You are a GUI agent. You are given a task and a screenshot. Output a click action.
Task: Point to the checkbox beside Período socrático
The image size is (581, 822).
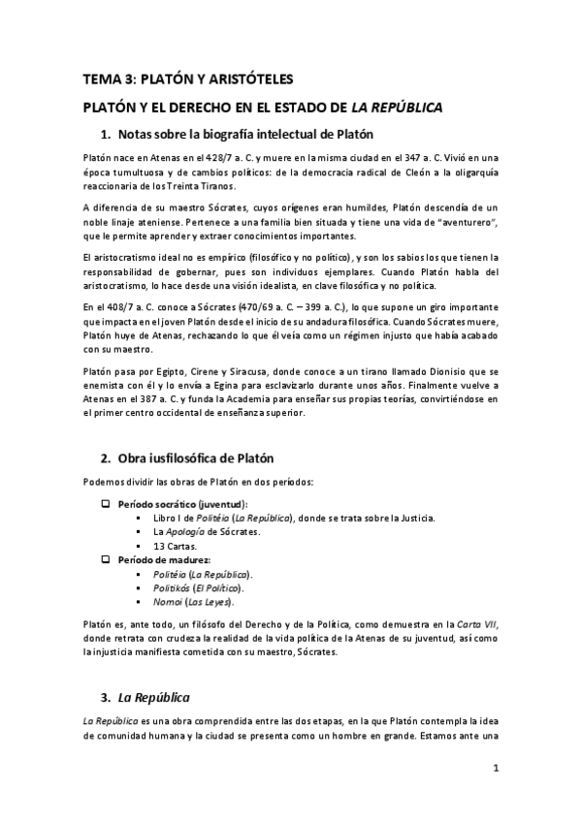[x=107, y=504]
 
